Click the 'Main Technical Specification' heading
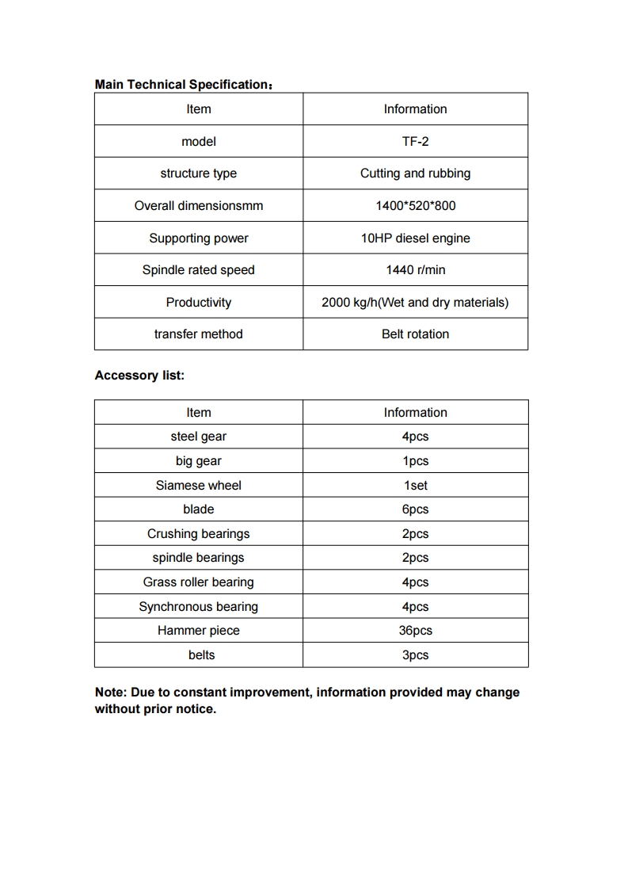click(x=181, y=84)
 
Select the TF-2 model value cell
click(x=415, y=141)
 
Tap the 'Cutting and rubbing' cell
click(x=415, y=174)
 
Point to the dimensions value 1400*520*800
click(x=415, y=206)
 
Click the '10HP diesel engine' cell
click(x=415, y=238)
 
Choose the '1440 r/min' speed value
click(x=415, y=270)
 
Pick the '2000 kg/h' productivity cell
click(x=415, y=302)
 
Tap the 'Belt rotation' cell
click(x=415, y=334)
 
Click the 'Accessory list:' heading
click(x=139, y=376)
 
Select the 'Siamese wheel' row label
click(x=198, y=485)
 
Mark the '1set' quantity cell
click(x=415, y=485)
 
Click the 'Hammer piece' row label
click(x=198, y=631)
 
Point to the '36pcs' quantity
click(x=415, y=631)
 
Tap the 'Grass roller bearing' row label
click(x=198, y=582)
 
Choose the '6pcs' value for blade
click(x=415, y=509)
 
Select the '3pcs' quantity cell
click(x=415, y=655)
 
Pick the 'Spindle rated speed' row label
click(x=198, y=270)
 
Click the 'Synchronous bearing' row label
click(x=198, y=607)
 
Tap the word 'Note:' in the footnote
click(x=111, y=693)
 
